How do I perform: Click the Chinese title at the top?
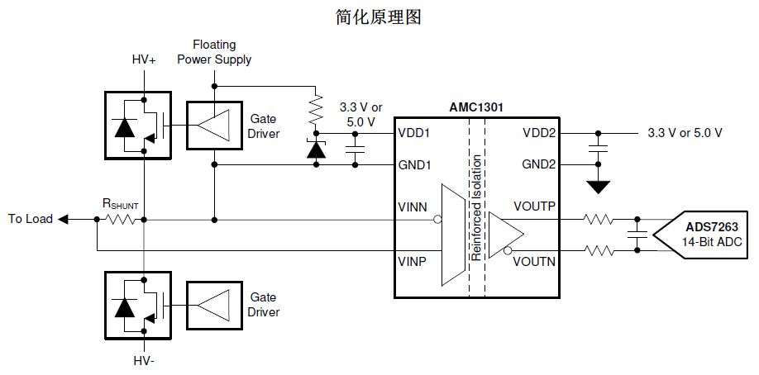[x=379, y=17]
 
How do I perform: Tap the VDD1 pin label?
[x=414, y=132]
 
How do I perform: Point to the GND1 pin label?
[x=415, y=164]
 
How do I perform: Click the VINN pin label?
[x=413, y=206]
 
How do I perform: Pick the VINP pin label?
[x=413, y=260]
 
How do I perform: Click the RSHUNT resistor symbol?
[x=121, y=220]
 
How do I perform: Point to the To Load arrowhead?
[x=65, y=220]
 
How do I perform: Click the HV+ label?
[x=144, y=60]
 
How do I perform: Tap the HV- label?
[x=144, y=362]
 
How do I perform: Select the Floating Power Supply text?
[x=215, y=51]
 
